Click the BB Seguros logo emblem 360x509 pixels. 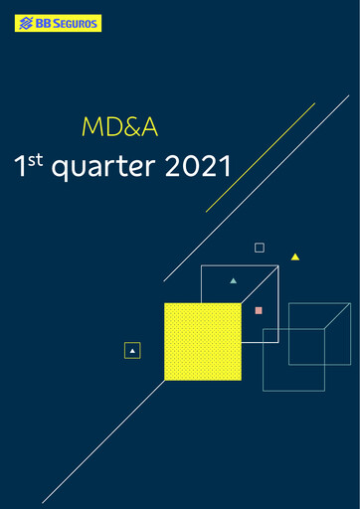click(x=25, y=23)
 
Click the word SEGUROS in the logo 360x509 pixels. click(x=77, y=23)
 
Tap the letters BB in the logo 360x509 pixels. click(x=43, y=23)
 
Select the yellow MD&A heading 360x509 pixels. click(x=119, y=127)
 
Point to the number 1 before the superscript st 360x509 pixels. click(x=19, y=167)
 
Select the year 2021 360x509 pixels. click(x=197, y=166)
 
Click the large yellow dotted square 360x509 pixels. click(x=203, y=341)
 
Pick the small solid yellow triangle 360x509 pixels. click(x=295, y=256)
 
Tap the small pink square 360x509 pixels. click(x=259, y=310)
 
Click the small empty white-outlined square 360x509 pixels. click(x=260, y=248)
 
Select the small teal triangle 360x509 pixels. click(x=234, y=280)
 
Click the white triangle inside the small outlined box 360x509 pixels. click(x=132, y=350)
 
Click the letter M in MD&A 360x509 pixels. click(x=90, y=127)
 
